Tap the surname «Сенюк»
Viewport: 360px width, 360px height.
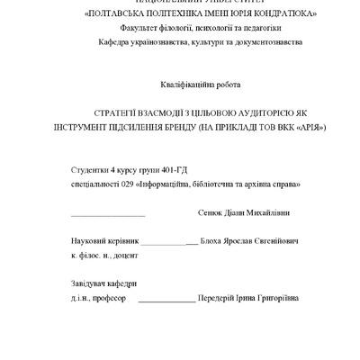click(x=210, y=212)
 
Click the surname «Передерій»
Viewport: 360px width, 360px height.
click(x=220, y=296)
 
